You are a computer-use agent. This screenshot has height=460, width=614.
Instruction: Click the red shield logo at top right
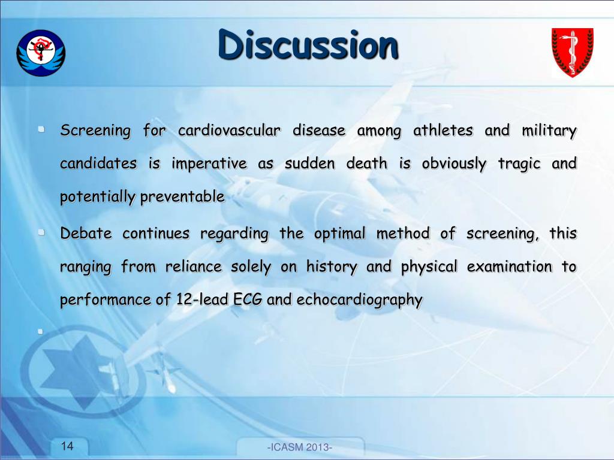(x=572, y=53)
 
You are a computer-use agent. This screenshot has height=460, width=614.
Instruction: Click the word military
(x=548, y=131)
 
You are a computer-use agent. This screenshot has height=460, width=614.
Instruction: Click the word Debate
(x=86, y=234)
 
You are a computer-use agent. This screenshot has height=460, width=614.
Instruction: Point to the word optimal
(x=339, y=234)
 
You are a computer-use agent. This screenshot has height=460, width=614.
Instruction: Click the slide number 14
(x=67, y=446)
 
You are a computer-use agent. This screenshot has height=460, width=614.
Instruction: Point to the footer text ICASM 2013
(x=300, y=448)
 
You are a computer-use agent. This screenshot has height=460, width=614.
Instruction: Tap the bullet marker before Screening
(x=40, y=129)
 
